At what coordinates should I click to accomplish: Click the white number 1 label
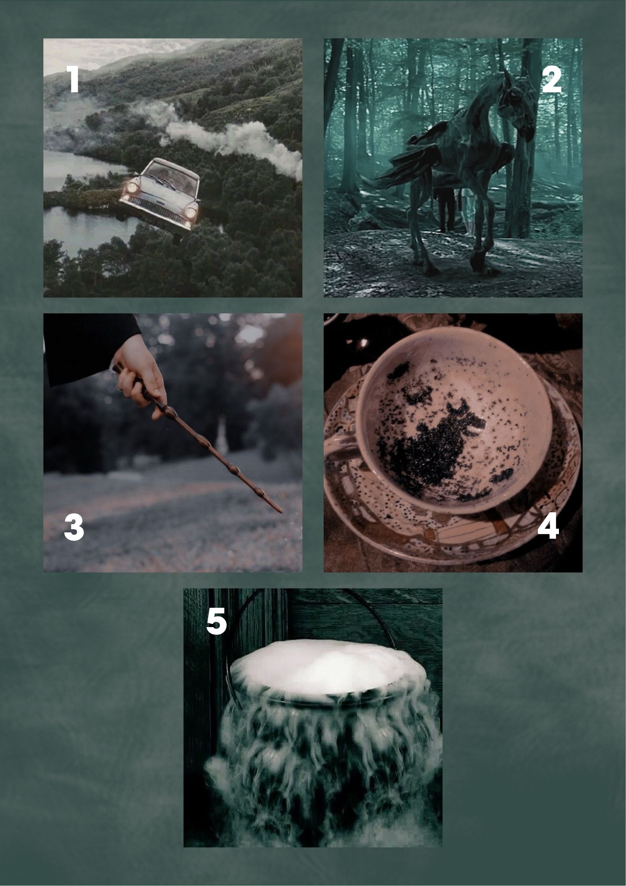[74, 79]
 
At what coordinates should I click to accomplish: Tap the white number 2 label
[551, 79]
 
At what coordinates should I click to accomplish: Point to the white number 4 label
[548, 526]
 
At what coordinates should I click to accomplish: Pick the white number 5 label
[217, 621]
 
